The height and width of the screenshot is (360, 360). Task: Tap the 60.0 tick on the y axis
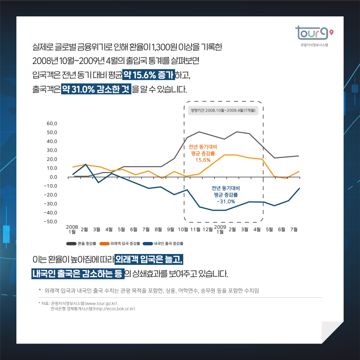coord(52,124)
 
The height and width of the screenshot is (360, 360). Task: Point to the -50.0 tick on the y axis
coord(52,222)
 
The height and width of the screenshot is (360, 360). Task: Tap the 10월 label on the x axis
coord(183,230)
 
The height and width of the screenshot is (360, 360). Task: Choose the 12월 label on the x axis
coord(208,230)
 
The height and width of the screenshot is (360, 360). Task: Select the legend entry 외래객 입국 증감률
coord(120,243)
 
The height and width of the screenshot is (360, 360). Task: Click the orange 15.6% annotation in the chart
coord(203,160)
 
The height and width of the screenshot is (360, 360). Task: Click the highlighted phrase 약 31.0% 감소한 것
coord(96,89)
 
